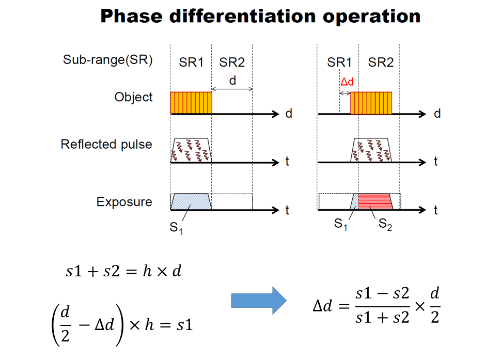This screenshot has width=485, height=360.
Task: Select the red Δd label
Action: (x=347, y=82)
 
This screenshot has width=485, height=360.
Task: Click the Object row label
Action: (x=134, y=97)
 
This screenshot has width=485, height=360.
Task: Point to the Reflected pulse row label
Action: (x=106, y=144)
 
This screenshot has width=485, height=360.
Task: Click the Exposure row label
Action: (x=124, y=201)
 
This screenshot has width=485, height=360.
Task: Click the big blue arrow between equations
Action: (x=258, y=300)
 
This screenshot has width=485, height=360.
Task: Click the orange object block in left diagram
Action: (x=191, y=103)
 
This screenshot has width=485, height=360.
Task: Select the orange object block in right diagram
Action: (x=371, y=103)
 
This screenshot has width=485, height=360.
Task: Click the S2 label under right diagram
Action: (x=385, y=225)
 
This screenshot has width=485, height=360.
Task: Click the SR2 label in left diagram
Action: (x=232, y=62)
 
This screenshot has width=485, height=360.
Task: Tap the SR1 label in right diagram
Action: (x=340, y=62)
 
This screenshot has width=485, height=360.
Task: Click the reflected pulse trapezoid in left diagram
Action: (x=191, y=150)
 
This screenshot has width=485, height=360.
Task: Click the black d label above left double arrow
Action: (x=232, y=82)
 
